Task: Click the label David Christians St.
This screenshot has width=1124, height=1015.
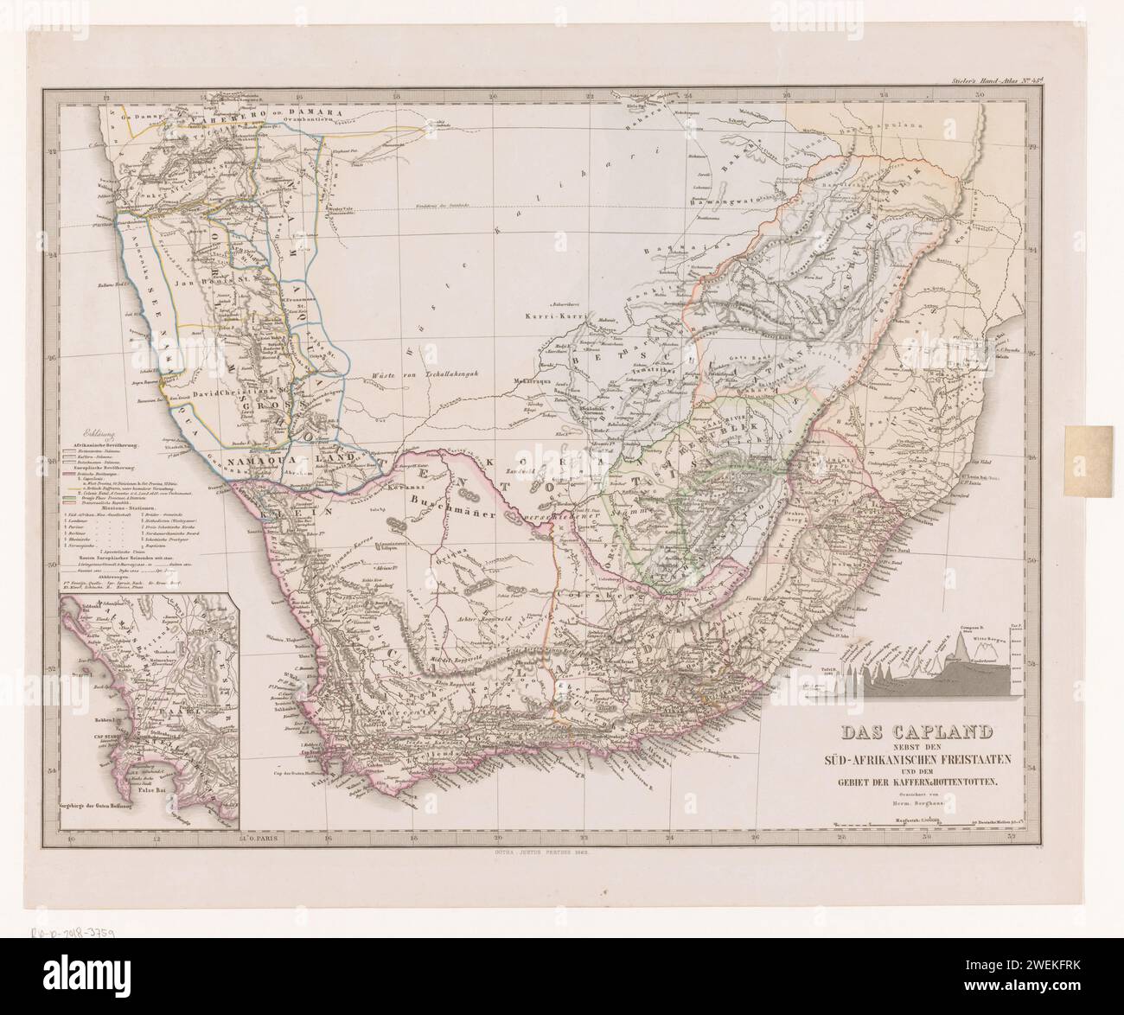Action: [243, 390]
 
